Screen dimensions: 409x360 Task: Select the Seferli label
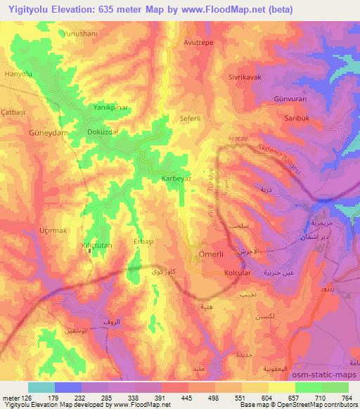pyautogui.click(x=192, y=118)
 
